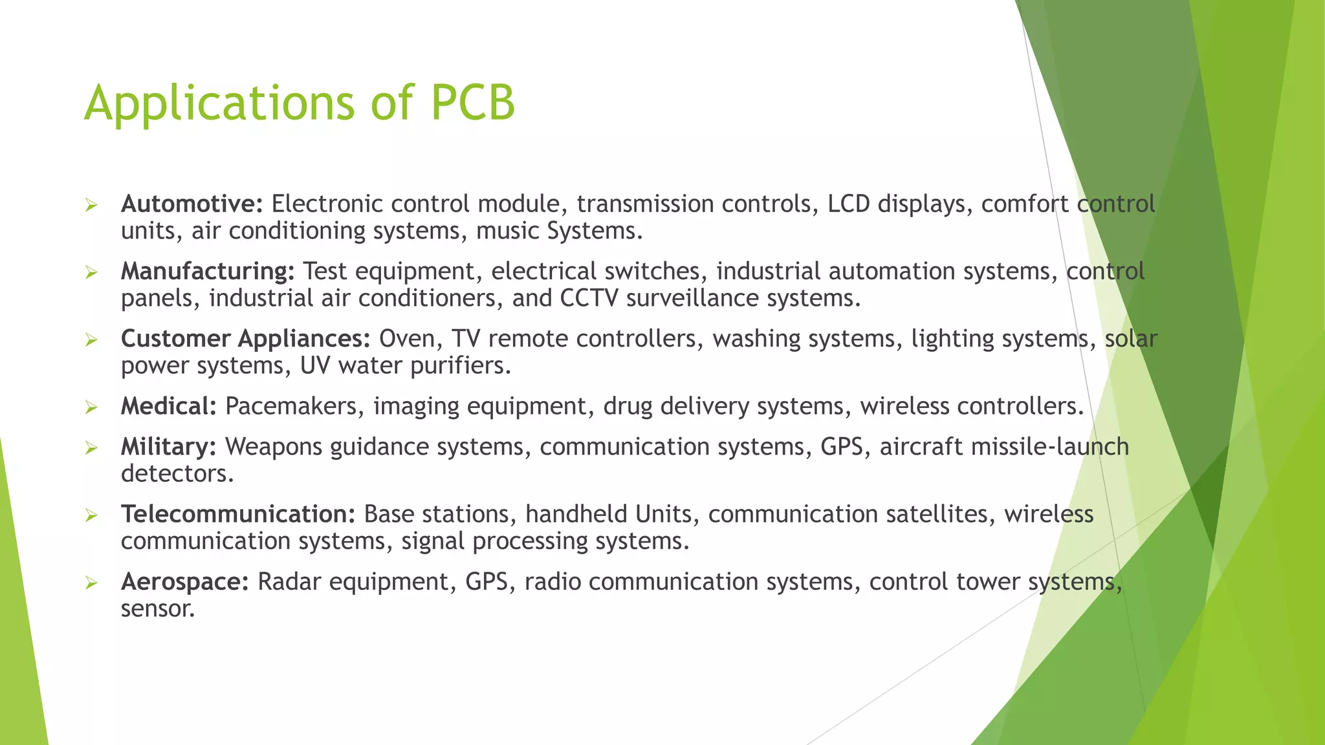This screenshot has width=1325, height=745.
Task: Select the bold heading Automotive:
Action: point(192,204)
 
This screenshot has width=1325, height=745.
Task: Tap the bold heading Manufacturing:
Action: point(208,272)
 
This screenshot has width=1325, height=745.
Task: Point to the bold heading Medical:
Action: point(168,406)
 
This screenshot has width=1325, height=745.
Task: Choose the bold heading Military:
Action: point(168,447)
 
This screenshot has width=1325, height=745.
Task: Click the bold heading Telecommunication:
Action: point(238,514)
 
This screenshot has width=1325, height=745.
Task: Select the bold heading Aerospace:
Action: point(185,582)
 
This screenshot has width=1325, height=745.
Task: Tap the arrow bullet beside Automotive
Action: point(91,206)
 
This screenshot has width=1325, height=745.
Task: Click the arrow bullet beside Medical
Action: point(91,407)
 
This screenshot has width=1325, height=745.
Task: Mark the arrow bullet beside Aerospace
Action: point(91,583)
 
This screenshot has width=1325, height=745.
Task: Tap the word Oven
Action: point(407,339)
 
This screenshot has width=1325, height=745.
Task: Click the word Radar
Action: point(289,582)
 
